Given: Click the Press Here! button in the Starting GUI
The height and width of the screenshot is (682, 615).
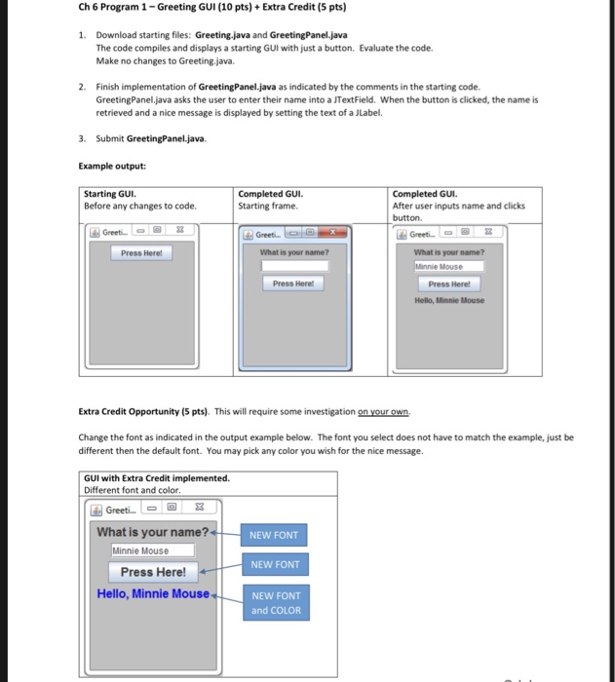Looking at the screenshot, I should click(140, 253).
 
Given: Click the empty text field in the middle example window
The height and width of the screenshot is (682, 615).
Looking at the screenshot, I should click(294, 265).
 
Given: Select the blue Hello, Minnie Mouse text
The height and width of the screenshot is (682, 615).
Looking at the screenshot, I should click(153, 593).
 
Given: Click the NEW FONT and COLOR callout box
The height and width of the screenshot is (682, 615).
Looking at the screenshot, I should click(276, 603).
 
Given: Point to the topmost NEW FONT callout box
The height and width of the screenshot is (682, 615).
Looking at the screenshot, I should click(275, 535).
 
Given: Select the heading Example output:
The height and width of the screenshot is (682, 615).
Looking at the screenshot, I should click(112, 166).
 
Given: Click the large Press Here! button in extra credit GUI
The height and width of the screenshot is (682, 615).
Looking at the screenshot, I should click(153, 572).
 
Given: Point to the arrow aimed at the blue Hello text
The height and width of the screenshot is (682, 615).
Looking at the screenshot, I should click(226, 595).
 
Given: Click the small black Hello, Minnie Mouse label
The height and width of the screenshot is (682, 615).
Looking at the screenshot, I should click(448, 300).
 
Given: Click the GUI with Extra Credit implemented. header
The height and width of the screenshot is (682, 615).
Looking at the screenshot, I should click(157, 478).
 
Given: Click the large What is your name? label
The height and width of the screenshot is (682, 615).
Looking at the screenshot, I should click(153, 532).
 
